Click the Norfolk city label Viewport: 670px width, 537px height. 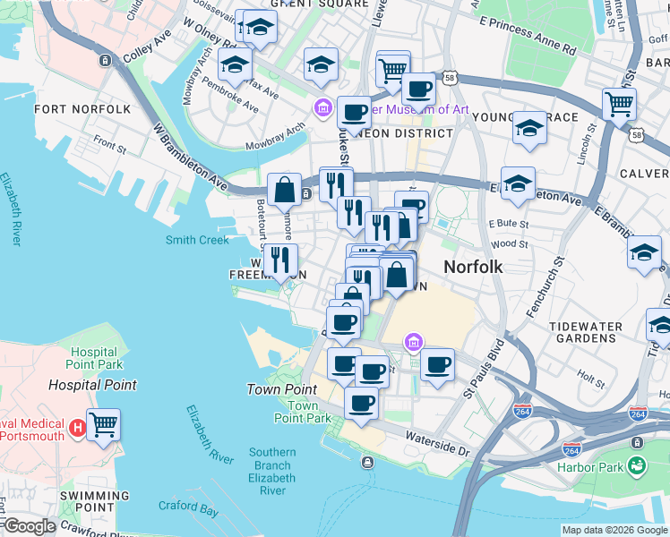(473, 267)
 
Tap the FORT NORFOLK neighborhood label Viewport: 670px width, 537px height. (82, 109)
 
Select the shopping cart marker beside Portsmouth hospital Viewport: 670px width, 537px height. (103, 424)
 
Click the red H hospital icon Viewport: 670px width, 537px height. (77, 424)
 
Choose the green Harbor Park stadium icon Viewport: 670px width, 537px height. (637, 465)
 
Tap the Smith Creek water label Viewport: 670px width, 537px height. (197, 240)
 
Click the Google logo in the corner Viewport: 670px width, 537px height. (29, 526)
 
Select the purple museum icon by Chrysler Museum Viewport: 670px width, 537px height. (322, 109)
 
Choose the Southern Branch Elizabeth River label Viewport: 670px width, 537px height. (272, 471)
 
